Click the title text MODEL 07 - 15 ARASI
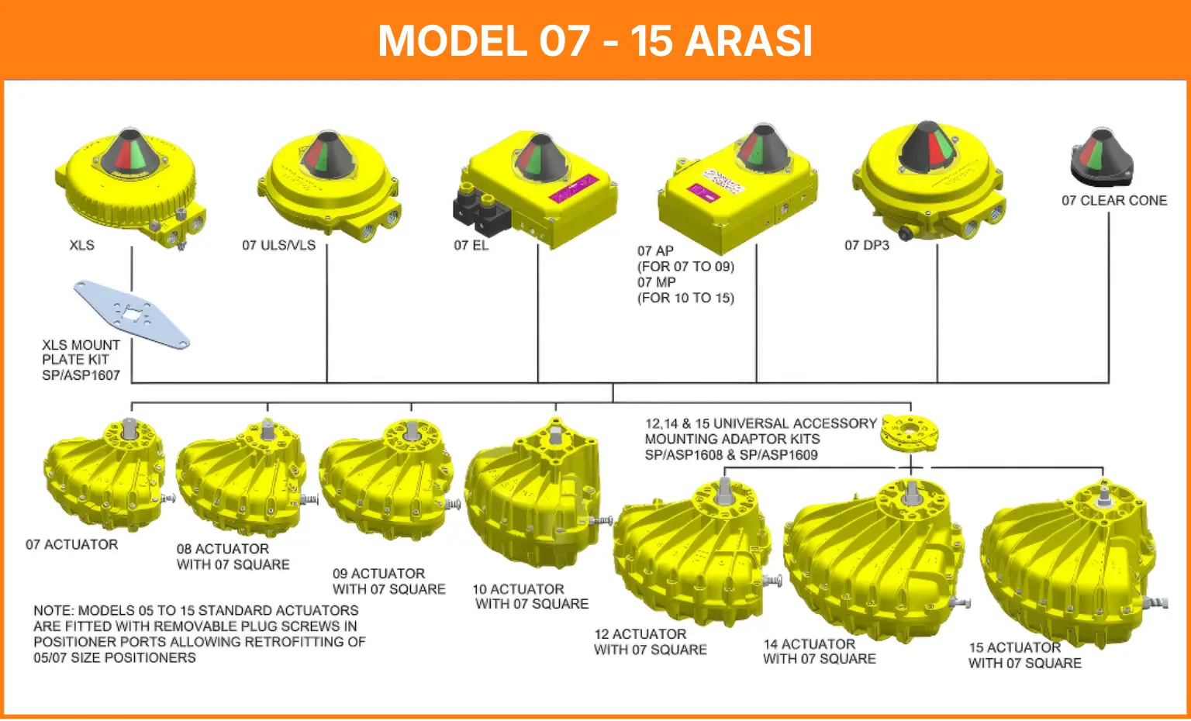pyautogui.click(x=595, y=40)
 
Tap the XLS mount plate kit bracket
pyautogui.click(x=131, y=314)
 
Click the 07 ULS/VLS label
pyautogui.click(x=278, y=246)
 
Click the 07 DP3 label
pyautogui.click(x=866, y=246)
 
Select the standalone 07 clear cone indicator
pyautogui.click(x=1101, y=159)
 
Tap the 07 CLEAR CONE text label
pyautogui.click(x=1113, y=201)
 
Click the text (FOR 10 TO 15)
pyautogui.click(x=685, y=298)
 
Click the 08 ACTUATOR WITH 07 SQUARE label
pyautogui.click(x=233, y=557)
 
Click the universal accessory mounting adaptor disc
pyautogui.click(x=909, y=433)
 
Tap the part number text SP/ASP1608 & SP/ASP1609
pyautogui.click(x=730, y=455)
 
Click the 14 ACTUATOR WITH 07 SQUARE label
pyautogui.click(x=819, y=651)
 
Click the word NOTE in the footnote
pyautogui.click(x=53, y=611)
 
